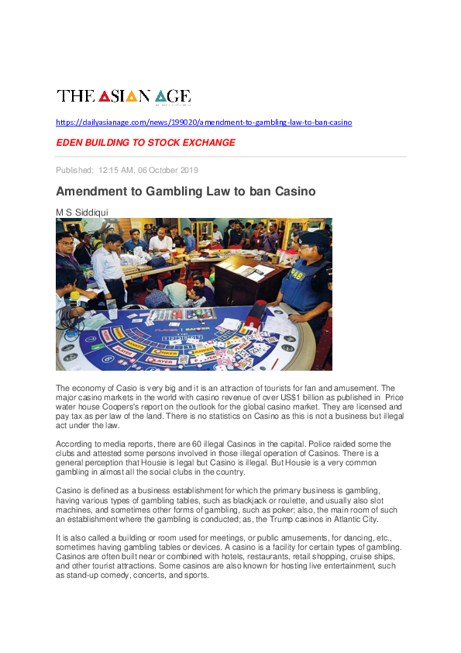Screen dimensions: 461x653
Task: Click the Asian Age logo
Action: tap(123, 96)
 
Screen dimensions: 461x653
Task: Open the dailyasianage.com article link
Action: tap(204, 123)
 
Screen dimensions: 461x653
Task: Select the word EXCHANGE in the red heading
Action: tap(207, 143)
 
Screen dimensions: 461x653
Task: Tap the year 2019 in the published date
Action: tap(189, 170)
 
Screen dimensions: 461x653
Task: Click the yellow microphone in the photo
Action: tap(74, 296)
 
